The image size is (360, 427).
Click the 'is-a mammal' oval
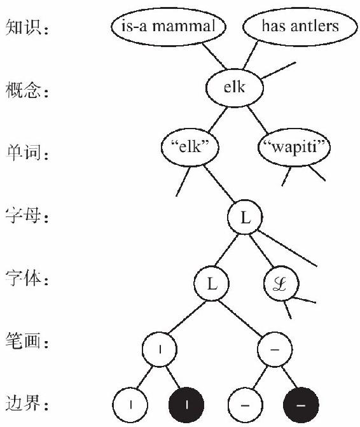click(169, 27)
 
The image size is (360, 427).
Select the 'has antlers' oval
click(300, 27)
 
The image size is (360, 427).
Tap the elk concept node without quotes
click(235, 88)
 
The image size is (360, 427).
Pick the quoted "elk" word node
click(190, 147)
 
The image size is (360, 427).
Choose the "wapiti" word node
click(294, 147)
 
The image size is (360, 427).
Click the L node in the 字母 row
click(245, 217)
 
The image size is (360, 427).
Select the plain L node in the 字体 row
click(211, 283)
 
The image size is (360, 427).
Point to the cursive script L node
click(281, 283)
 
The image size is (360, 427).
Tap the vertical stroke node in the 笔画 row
click(160, 349)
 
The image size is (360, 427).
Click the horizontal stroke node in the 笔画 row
click(275, 349)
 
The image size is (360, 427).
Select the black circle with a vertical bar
click(186, 405)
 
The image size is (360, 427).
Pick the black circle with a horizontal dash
click(301, 405)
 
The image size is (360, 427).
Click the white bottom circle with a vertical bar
click(130, 405)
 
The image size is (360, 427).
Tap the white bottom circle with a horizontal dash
click(245, 405)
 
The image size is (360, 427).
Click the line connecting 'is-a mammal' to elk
click(214, 56)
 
